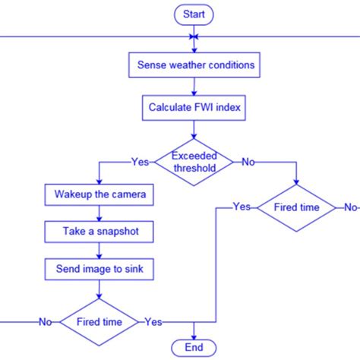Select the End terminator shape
[194, 347]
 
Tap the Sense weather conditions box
[196, 65]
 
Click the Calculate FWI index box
[196, 107]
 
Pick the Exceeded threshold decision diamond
[196, 161]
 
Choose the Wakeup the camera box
[99, 194]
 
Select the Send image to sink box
[99, 267]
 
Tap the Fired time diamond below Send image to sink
[99, 321]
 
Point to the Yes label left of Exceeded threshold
[141, 161]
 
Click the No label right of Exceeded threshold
[248, 161]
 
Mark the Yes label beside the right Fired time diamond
[242, 207]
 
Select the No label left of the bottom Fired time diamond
[45, 321]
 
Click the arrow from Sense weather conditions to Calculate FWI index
[196, 86]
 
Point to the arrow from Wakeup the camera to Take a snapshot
[99, 213]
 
